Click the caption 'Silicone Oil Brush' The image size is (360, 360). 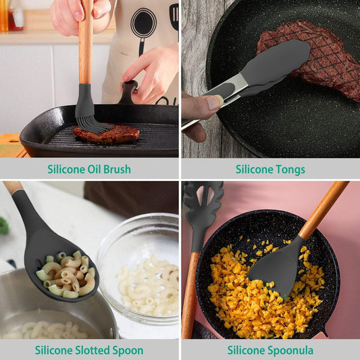pyautogui.click(x=89, y=169)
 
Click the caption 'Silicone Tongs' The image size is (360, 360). pyautogui.click(x=270, y=169)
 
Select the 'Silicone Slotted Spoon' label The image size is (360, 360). pyautogui.click(x=89, y=350)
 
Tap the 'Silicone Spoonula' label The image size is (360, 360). pyautogui.click(x=270, y=350)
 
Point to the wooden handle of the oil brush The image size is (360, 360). pyautogui.click(x=85, y=41)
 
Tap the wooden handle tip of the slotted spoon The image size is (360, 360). pyautogui.click(x=12, y=187)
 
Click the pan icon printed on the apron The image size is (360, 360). pyautogui.click(x=143, y=24)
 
